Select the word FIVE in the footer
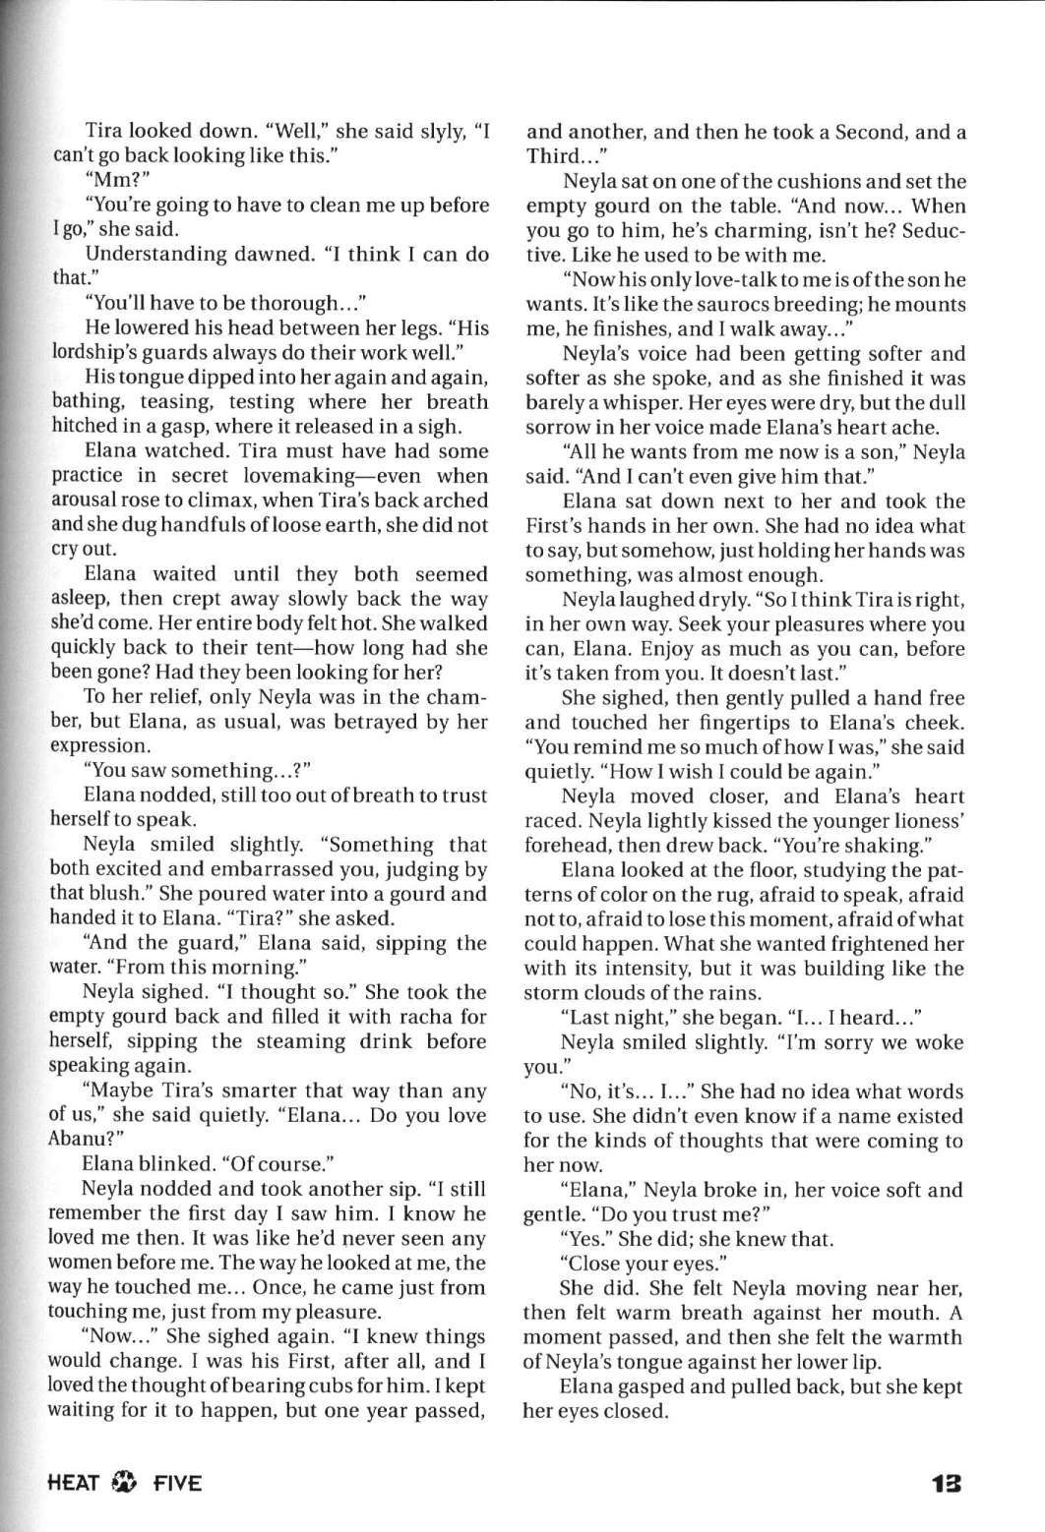[x=177, y=1483]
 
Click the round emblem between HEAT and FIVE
[x=128, y=1483]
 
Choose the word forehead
[x=565, y=846]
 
